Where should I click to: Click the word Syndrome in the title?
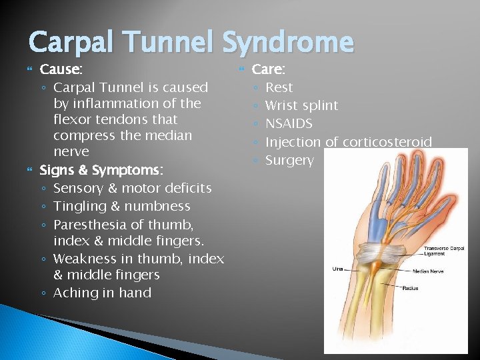(x=288, y=43)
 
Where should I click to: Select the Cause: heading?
(x=62, y=69)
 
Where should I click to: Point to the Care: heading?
(x=269, y=69)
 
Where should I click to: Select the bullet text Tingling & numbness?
(x=121, y=206)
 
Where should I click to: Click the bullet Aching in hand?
(x=102, y=293)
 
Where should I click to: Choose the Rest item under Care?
(x=279, y=87)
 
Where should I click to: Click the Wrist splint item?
(x=301, y=105)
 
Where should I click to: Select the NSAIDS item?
(x=289, y=123)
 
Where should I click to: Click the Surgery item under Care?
(x=289, y=160)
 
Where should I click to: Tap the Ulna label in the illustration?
(x=338, y=269)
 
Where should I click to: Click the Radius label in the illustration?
(x=411, y=288)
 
